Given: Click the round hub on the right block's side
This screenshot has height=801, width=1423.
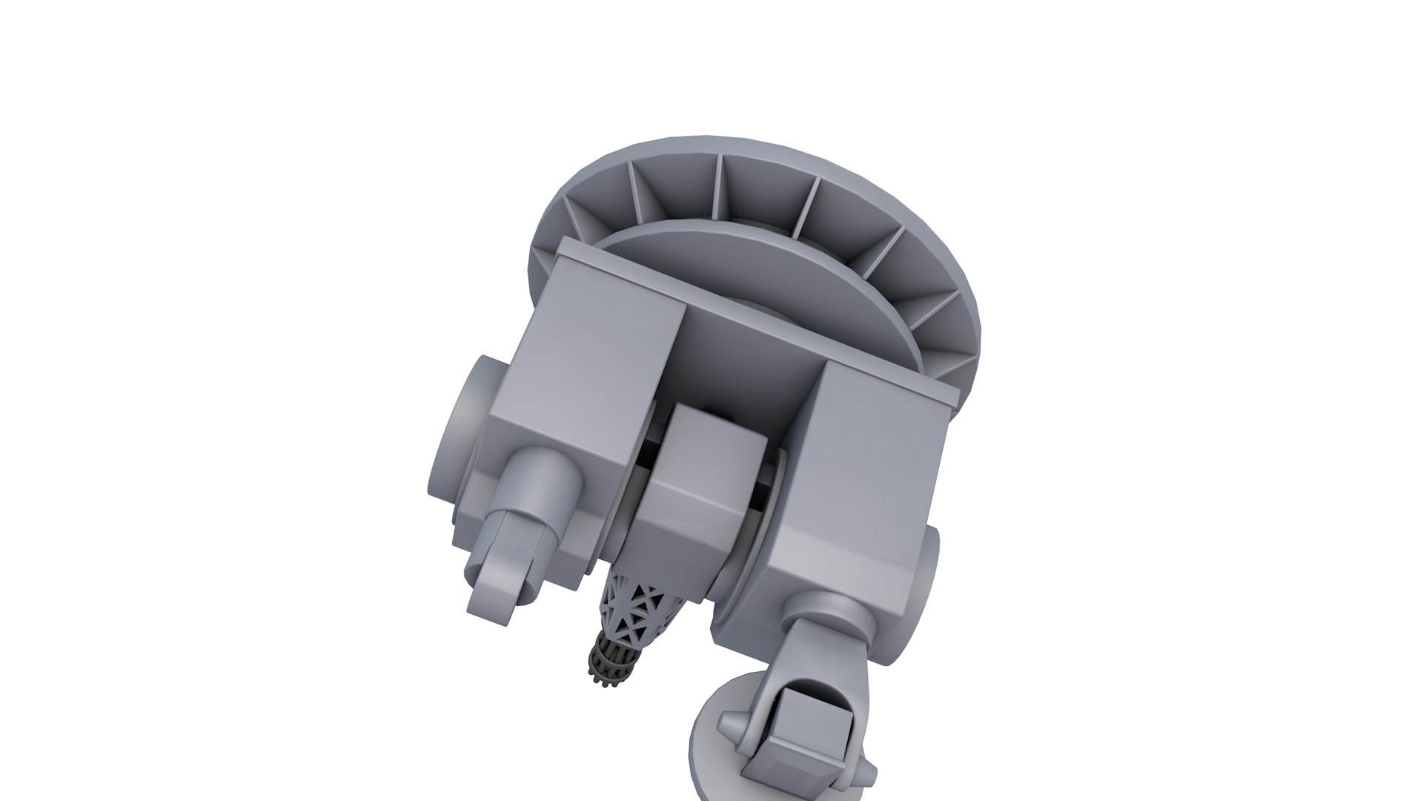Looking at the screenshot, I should (931, 586).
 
